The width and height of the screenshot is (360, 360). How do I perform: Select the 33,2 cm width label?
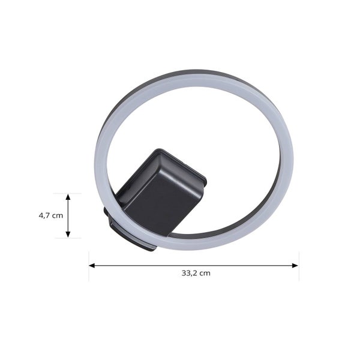pyautogui.click(x=196, y=273)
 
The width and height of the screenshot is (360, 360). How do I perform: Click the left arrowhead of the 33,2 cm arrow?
pyautogui.click(x=92, y=263)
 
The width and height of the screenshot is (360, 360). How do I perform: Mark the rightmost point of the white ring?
pyautogui.click(x=289, y=162)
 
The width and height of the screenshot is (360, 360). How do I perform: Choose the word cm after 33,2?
pyautogui.click(x=205, y=273)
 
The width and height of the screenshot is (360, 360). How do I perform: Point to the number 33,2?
pyautogui.click(x=189, y=273)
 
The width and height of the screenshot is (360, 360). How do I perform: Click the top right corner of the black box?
pyautogui.click(x=204, y=178)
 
